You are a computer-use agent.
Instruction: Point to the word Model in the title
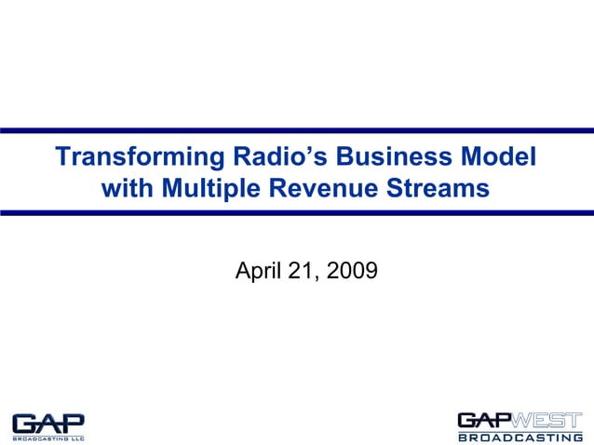[503, 156]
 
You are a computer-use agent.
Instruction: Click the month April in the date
[262, 271]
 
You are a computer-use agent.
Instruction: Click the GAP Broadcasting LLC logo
[48, 425]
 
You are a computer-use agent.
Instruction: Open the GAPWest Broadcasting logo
[519, 425]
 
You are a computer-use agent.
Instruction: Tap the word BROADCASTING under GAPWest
[519, 437]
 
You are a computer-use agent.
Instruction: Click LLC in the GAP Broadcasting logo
[77, 436]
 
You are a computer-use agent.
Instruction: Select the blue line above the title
[297, 129]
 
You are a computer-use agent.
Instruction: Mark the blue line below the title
[297, 213]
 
